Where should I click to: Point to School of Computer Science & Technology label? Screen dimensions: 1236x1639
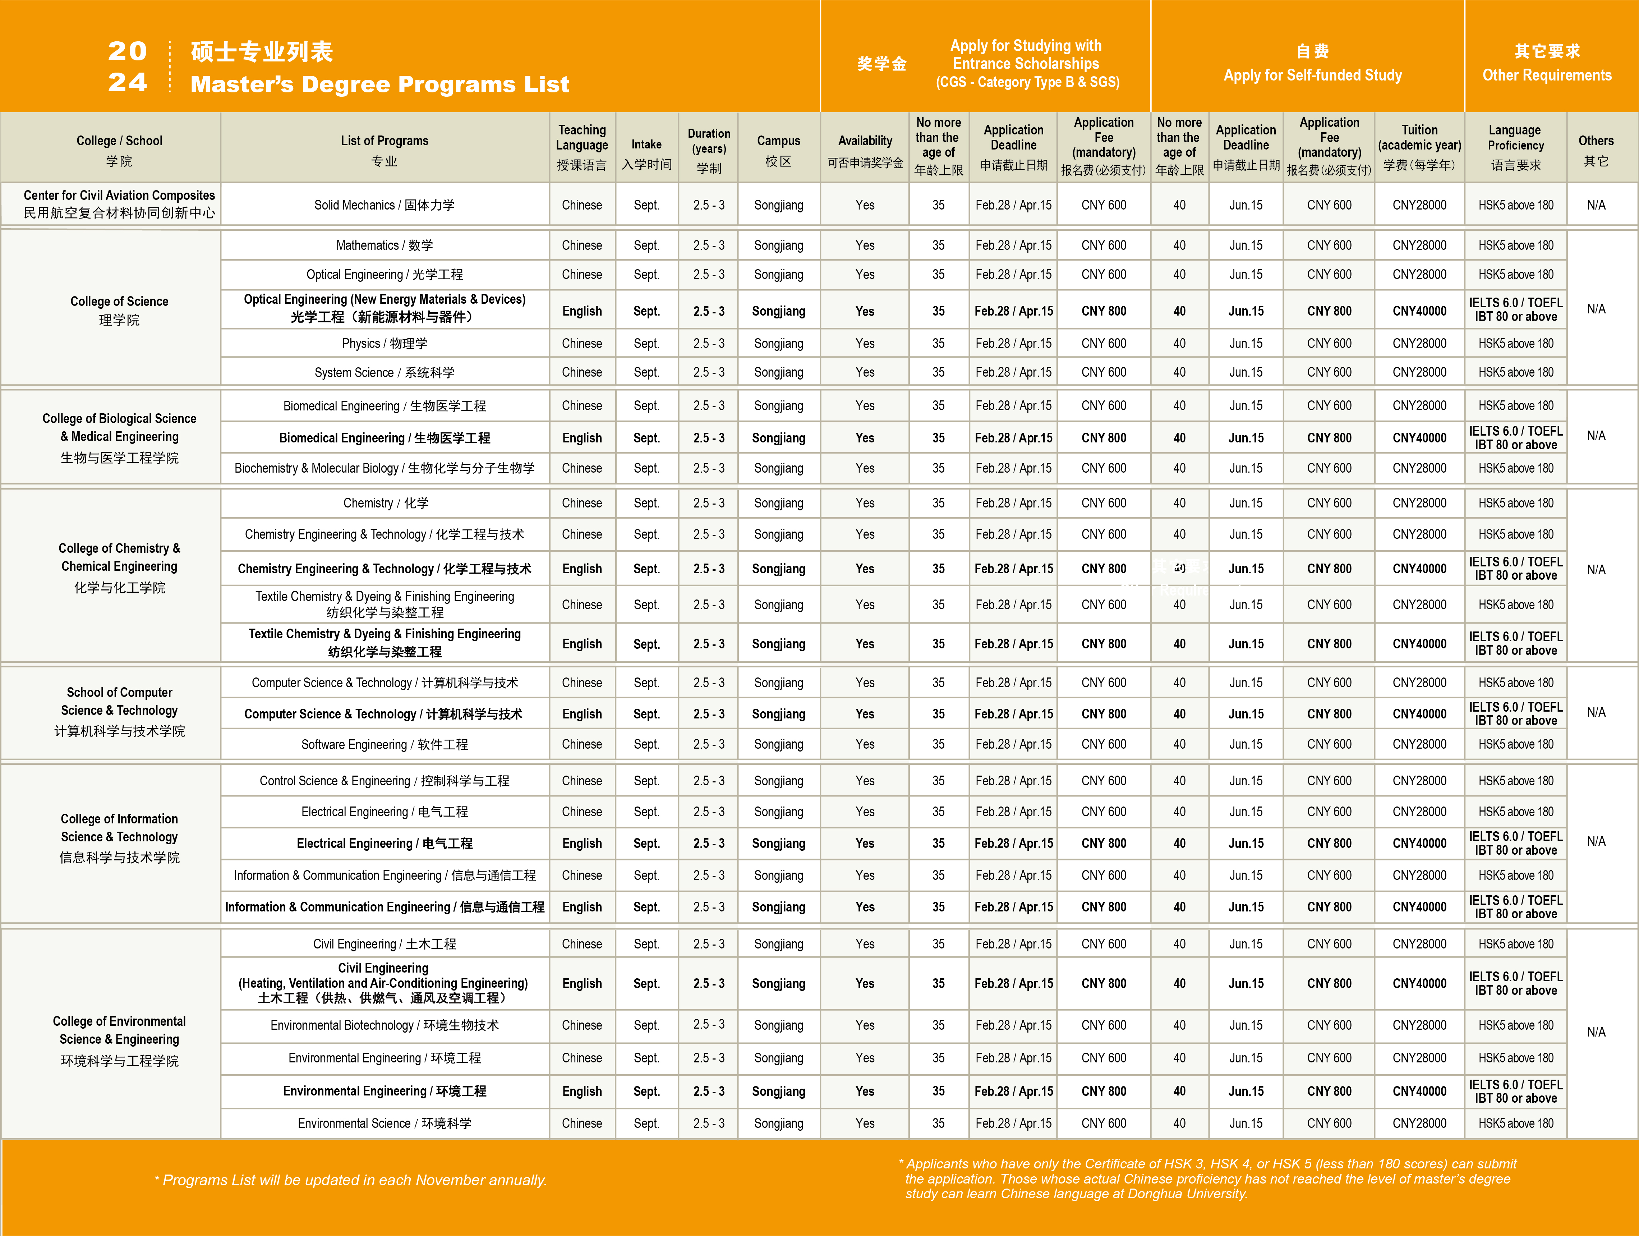(x=119, y=711)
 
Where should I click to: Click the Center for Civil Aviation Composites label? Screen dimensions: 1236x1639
(x=119, y=204)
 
